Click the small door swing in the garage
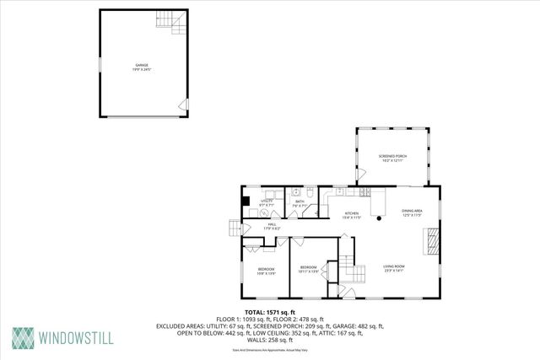(181, 105)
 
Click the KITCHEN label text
(351, 216)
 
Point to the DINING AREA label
(412, 212)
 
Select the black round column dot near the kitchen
(380, 219)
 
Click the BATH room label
(300, 203)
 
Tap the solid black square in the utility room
(246, 201)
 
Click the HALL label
(273, 226)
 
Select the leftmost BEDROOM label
(266, 271)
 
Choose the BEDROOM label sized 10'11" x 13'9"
(308, 270)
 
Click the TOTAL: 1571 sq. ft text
(269, 312)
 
